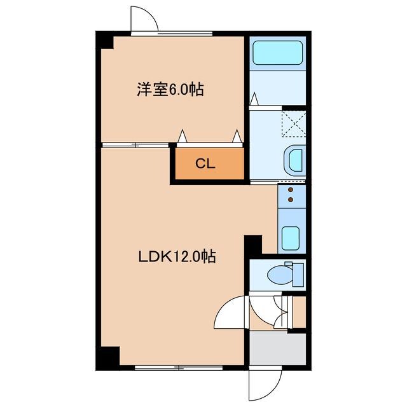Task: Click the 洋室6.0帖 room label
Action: point(170,90)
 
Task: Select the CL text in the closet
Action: point(205,163)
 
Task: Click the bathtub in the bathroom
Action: point(277,53)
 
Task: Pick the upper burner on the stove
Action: point(291,190)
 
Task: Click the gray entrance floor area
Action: point(277,349)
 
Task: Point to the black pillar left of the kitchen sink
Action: point(253,245)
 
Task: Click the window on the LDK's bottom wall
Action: point(178,367)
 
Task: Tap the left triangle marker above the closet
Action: point(183,136)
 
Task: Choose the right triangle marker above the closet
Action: point(237,136)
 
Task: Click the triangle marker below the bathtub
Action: point(254,99)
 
